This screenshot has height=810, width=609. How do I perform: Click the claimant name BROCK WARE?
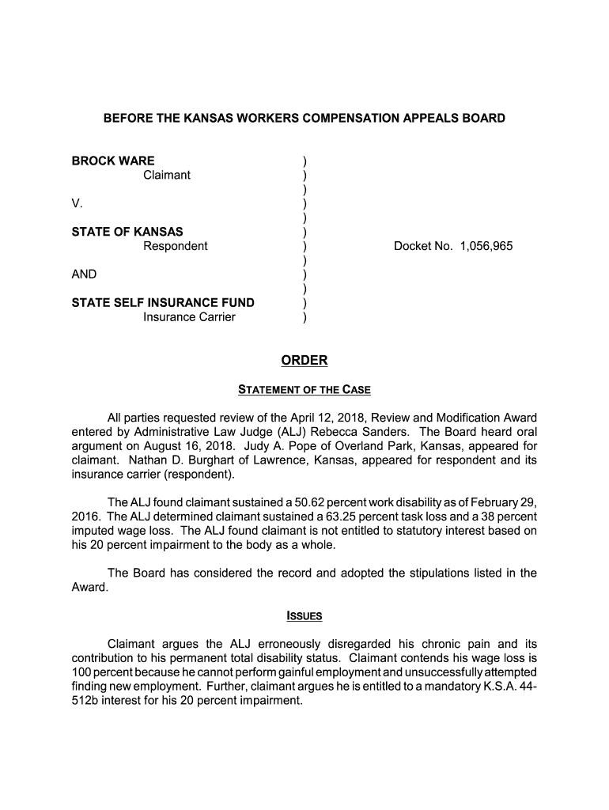click(113, 161)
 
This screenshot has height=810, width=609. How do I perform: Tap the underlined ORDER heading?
click(304, 361)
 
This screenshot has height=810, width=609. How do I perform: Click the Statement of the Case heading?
click(304, 390)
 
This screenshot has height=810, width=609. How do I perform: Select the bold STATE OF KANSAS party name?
click(127, 232)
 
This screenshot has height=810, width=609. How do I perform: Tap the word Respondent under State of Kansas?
click(175, 246)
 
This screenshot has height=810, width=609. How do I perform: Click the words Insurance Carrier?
click(189, 317)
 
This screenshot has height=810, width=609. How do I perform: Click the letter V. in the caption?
click(78, 203)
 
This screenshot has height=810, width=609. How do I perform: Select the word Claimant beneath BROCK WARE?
click(167, 175)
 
